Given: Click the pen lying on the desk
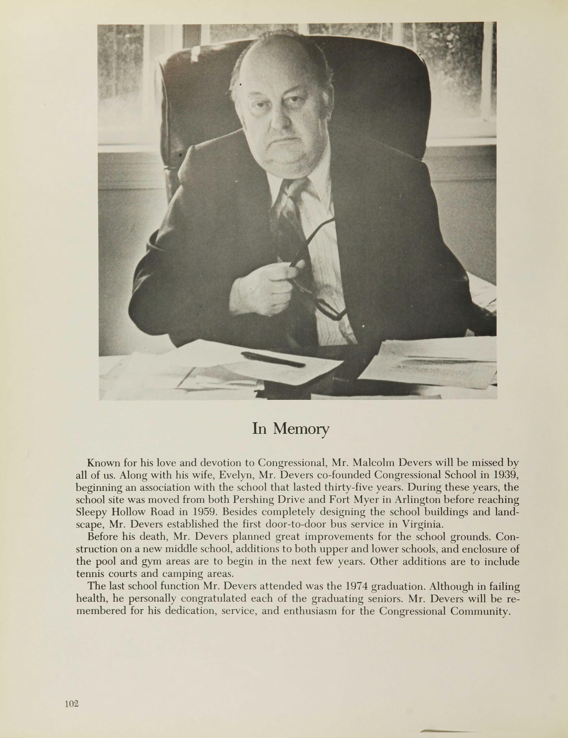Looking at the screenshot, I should click(x=273, y=359).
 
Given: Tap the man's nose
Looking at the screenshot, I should click(x=279, y=119).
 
